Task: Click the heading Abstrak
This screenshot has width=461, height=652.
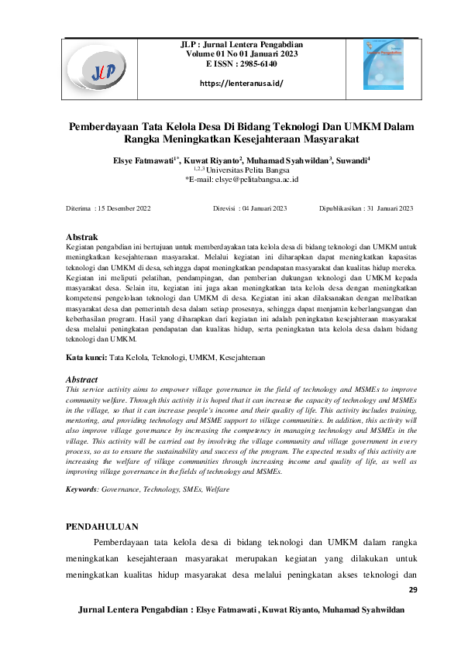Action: point(81,235)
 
